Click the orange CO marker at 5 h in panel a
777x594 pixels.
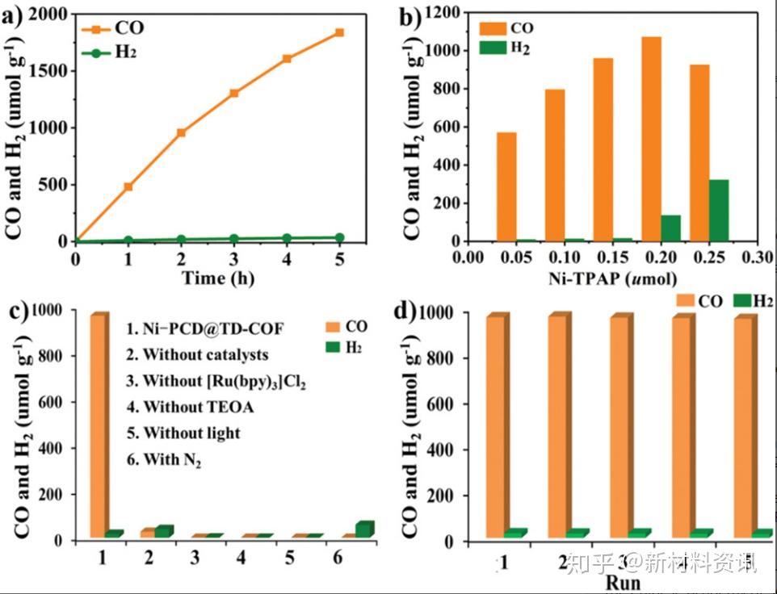coord(339,32)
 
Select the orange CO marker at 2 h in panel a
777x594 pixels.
coord(181,132)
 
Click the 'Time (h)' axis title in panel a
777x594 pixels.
coord(207,279)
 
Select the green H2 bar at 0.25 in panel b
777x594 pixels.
coord(718,211)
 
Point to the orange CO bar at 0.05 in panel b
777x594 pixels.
coord(506,186)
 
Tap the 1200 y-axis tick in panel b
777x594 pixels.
coord(443,13)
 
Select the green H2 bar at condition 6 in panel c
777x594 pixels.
coord(364,529)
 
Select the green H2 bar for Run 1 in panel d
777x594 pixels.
coord(514,533)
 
